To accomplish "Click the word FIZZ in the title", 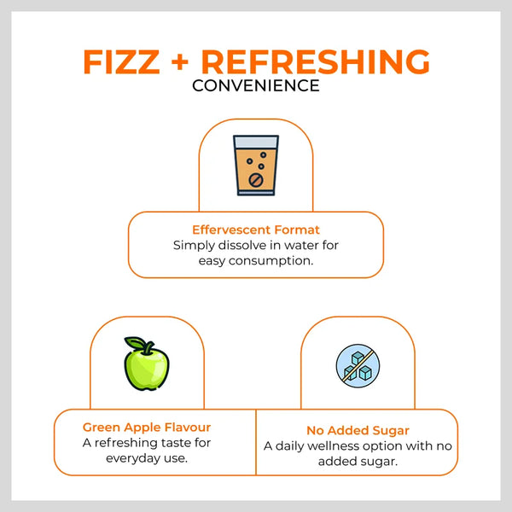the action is tap(121, 61).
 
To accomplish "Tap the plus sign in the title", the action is tap(180, 61).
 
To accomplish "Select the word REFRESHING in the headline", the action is tap(316, 61).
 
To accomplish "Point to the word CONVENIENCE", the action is tap(256, 86).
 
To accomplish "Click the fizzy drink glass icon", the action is tap(256, 166).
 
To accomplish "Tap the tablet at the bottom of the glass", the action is tap(256, 180).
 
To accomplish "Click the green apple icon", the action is tap(146, 364).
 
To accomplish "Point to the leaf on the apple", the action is tap(135, 342).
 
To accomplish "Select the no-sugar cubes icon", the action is tap(358, 366).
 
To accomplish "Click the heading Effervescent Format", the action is tap(256, 230).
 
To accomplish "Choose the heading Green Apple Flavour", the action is tap(147, 428).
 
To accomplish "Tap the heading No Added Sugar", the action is tap(358, 430).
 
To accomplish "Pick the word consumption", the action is tap(271, 260).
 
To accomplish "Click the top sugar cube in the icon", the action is tap(358, 358).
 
